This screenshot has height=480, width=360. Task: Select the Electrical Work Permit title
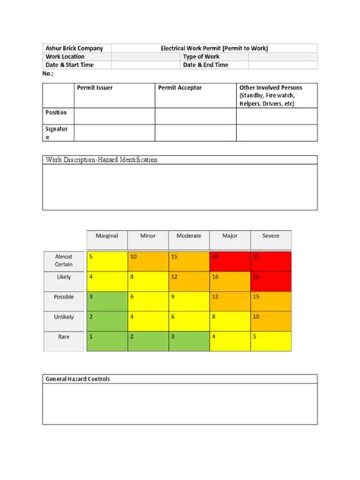click(x=214, y=48)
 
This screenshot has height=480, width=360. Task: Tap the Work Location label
click(x=68, y=56)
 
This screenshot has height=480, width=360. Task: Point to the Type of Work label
click(x=202, y=56)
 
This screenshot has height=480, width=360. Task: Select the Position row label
click(x=57, y=112)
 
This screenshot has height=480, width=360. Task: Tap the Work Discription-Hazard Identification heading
click(x=103, y=160)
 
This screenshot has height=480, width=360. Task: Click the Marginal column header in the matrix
click(x=107, y=236)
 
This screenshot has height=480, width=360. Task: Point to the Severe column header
click(x=270, y=236)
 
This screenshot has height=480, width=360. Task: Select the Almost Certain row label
click(x=64, y=261)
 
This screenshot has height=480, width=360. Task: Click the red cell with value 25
click(x=270, y=261)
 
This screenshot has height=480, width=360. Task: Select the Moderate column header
click(x=188, y=236)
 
